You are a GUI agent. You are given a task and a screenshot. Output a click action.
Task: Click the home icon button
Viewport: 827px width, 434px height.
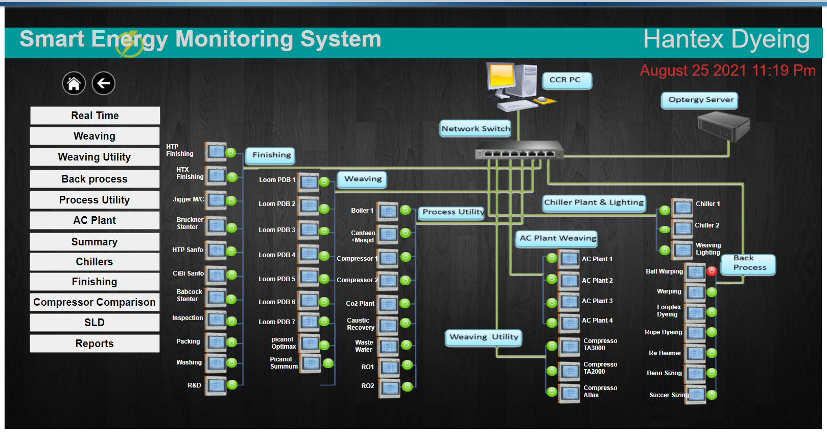(x=74, y=83)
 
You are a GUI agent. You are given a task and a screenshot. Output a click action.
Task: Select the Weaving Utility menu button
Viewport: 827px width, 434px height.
(x=94, y=157)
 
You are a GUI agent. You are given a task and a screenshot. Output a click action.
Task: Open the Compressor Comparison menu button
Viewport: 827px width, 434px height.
(x=94, y=302)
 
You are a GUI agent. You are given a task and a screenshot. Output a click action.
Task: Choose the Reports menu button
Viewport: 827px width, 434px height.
(x=94, y=344)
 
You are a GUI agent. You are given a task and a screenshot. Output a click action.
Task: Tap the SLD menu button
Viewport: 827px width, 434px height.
(x=94, y=323)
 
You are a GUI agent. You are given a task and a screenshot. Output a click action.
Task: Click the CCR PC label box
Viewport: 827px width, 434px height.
(x=566, y=80)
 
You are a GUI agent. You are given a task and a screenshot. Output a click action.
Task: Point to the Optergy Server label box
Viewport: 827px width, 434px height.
(x=700, y=100)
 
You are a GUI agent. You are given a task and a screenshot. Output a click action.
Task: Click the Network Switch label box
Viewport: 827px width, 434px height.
(x=476, y=129)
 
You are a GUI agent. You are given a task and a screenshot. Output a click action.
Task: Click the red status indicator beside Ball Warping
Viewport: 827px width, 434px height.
(x=712, y=271)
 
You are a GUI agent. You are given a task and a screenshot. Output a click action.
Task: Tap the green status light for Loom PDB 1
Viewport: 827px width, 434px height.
(x=324, y=181)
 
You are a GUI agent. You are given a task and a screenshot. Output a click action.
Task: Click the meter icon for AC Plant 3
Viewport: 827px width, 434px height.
(x=569, y=302)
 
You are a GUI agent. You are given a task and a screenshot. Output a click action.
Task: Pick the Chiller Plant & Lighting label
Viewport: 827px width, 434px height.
(x=594, y=202)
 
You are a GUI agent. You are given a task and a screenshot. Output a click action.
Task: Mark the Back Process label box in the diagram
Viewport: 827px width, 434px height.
(x=749, y=263)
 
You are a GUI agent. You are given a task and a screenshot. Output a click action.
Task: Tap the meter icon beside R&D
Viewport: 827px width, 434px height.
(x=216, y=386)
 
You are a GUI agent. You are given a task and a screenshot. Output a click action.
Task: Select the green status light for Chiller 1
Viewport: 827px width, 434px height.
(x=665, y=210)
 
